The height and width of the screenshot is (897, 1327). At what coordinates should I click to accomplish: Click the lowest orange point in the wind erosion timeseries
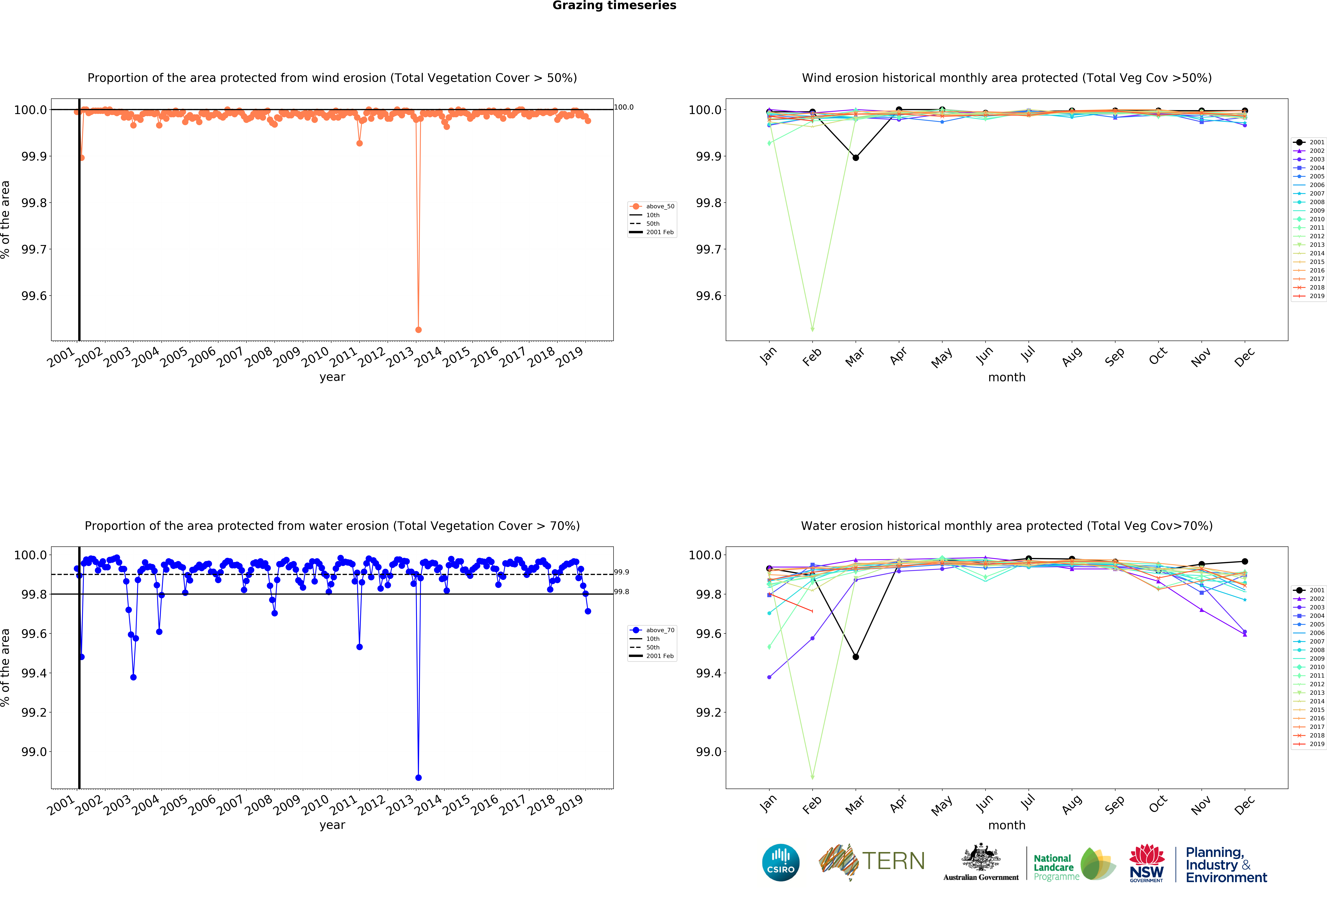(419, 330)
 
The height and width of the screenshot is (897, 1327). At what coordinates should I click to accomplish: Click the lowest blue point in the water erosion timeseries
(419, 778)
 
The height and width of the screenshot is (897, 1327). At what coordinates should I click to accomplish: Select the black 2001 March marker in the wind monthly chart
(855, 158)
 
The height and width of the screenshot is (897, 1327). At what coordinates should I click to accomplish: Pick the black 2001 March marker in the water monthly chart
(855, 657)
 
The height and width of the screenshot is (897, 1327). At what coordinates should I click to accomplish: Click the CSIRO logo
(781, 863)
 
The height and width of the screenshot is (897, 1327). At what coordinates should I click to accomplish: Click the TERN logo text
(894, 861)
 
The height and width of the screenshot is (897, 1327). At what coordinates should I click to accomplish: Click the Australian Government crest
(980, 857)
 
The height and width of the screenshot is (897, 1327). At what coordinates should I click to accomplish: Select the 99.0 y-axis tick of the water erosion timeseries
(34, 752)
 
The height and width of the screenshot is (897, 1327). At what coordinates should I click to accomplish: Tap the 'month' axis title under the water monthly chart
(1007, 825)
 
